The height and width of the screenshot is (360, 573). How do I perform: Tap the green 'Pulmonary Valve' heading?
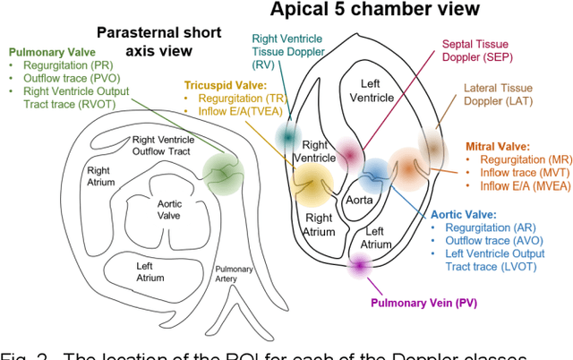pyautogui.click(x=47, y=52)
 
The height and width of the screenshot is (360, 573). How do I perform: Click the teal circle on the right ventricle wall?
pyautogui.click(x=288, y=135)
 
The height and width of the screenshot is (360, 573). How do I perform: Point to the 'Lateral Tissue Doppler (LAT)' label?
pyautogui.click(x=506, y=96)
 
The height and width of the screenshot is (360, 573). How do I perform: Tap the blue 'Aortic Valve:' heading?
pyautogui.click(x=465, y=215)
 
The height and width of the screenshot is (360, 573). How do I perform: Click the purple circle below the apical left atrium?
pyautogui.click(x=360, y=264)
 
